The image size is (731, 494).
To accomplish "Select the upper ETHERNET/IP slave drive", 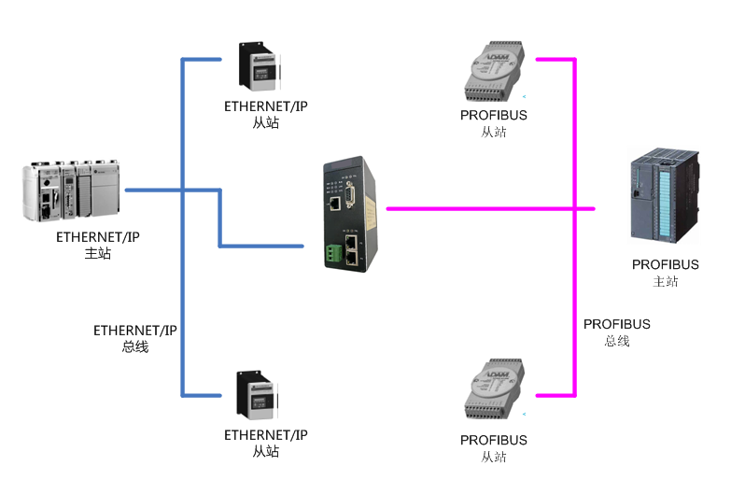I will pyautogui.click(x=255, y=68).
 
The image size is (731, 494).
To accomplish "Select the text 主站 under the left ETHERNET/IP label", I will pyautogui.click(x=97, y=253).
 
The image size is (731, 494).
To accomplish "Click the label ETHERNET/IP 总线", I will pyautogui.click(x=134, y=338).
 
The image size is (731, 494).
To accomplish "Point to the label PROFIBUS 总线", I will pyautogui.click(x=616, y=332).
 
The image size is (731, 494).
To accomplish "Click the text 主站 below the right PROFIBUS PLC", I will pyautogui.click(x=665, y=281).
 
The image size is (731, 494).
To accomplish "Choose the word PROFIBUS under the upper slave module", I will pyautogui.click(x=493, y=116).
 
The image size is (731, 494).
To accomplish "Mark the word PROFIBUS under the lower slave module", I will pyautogui.click(x=493, y=440).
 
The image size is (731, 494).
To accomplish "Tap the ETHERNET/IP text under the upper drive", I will pyautogui.click(x=265, y=106).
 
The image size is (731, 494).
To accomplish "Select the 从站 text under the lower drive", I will pyautogui.click(x=265, y=452).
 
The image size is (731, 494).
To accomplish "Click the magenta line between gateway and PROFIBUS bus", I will pyautogui.click(x=476, y=208).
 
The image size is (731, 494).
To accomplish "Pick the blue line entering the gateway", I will pyautogui.click(x=261, y=246).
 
